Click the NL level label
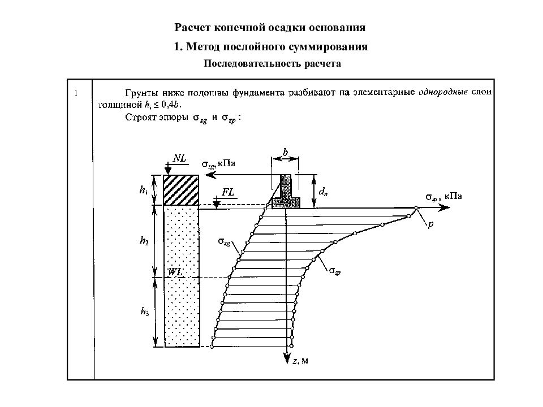click(179, 158)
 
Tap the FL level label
click(228, 192)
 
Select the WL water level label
click(175, 272)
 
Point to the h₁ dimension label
click(143, 190)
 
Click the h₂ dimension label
click(144, 241)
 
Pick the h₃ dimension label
click(145, 311)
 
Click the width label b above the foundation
click(285, 152)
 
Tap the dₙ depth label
click(323, 191)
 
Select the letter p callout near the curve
click(430, 224)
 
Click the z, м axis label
click(300, 361)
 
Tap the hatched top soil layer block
click(181, 190)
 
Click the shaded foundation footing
click(286, 203)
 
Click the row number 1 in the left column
click(76, 93)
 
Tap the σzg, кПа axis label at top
click(218, 164)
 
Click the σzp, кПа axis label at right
click(443, 197)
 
